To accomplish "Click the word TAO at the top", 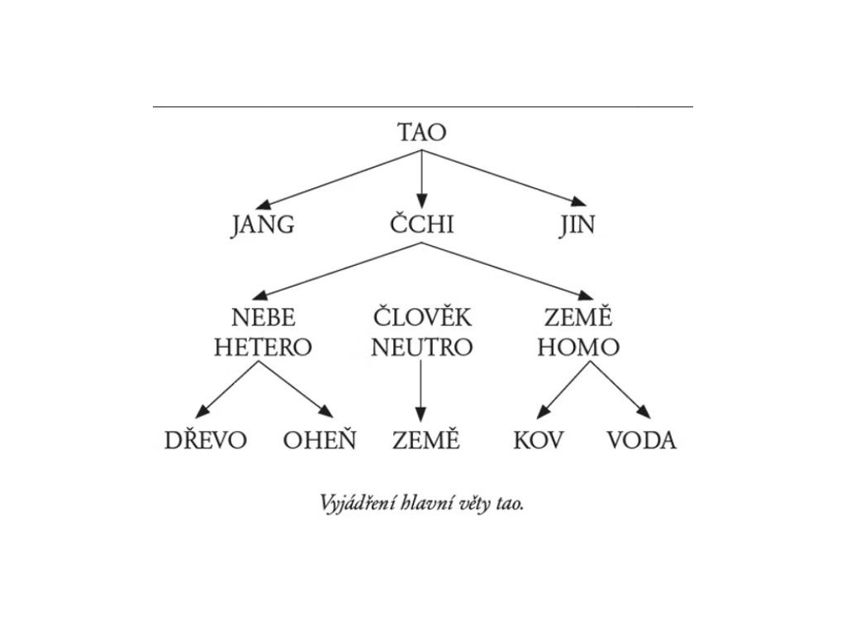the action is pyautogui.click(x=421, y=133).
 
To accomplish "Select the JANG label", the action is pyautogui.click(x=262, y=225).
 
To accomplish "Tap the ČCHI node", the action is pyautogui.click(x=421, y=224).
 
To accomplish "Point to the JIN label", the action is pyautogui.click(x=577, y=225).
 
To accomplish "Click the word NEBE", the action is pyautogui.click(x=263, y=318).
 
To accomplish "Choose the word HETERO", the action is pyautogui.click(x=263, y=348).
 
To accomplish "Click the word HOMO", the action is pyautogui.click(x=577, y=348).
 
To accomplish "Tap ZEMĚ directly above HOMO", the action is pyautogui.click(x=577, y=316).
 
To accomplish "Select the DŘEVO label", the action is pyautogui.click(x=206, y=440).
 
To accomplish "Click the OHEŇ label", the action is pyautogui.click(x=320, y=440).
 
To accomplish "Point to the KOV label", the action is pyautogui.click(x=538, y=441).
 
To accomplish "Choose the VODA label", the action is pyautogui.click(x=642, y=441).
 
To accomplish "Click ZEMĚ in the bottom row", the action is pyautogui.click(x=425, y=439).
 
